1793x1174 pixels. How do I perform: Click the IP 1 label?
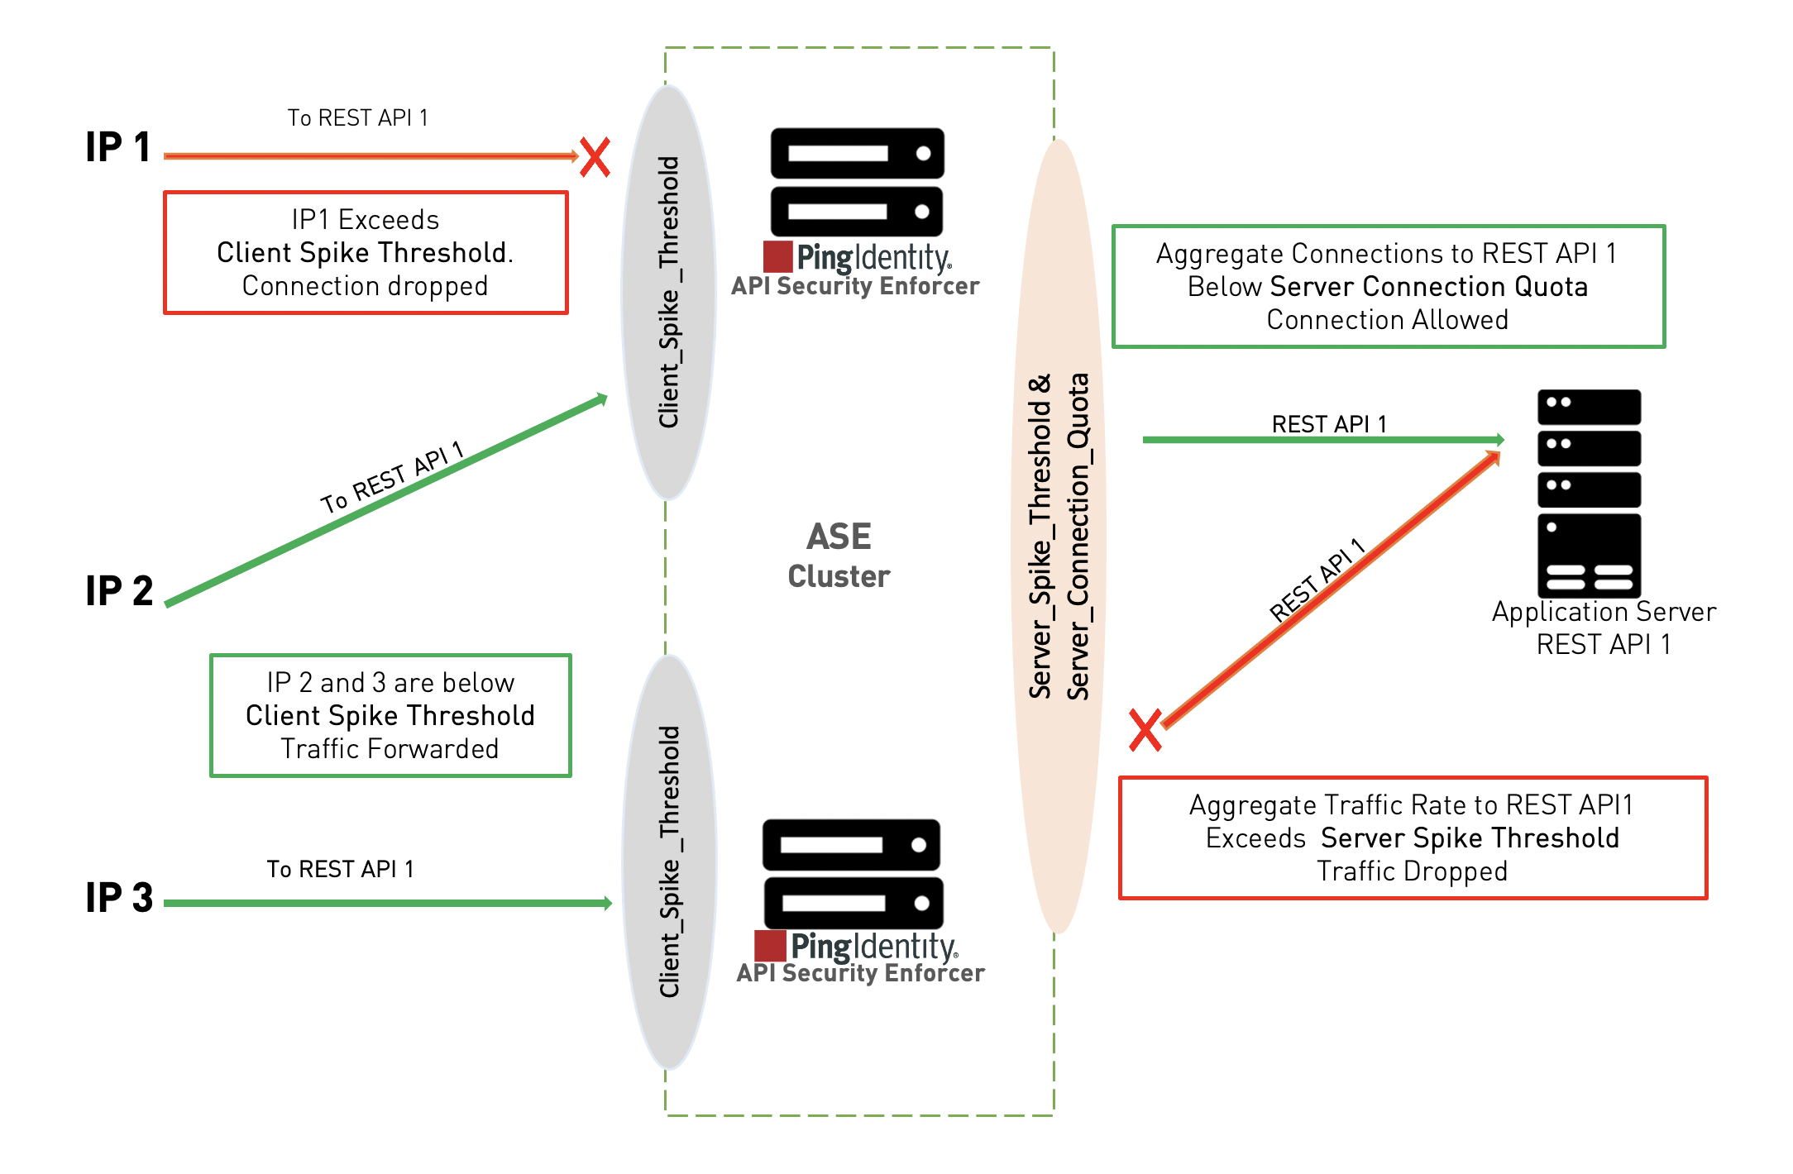(x=118, y=147)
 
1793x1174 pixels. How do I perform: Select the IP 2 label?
(x=119, y=591)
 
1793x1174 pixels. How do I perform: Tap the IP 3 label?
(x=119, y=897)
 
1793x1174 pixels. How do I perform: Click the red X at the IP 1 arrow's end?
(x=595, y=157)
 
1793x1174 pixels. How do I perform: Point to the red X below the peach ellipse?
(x=1146, y=730)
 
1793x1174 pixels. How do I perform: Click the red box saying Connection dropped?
(x=366, y=253)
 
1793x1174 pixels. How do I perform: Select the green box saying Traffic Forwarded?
(x=390, y=716)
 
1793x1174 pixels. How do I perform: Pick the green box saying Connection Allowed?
(x=1388, y=287)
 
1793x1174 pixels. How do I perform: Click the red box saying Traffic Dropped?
(x=1413, y=838)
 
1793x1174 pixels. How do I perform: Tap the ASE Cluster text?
(x=839, y=556)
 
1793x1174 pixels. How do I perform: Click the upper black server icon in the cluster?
(x=857, y=182)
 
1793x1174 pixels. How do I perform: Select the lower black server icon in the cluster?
(x=852, y=874)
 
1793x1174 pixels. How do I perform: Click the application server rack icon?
(x=1589, y=494)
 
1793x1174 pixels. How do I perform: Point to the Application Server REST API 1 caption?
(x=1604, y=628)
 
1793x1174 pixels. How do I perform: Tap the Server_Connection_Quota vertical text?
(x=1078, y=537)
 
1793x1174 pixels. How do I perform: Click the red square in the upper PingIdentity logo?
(x=777, y=257)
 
